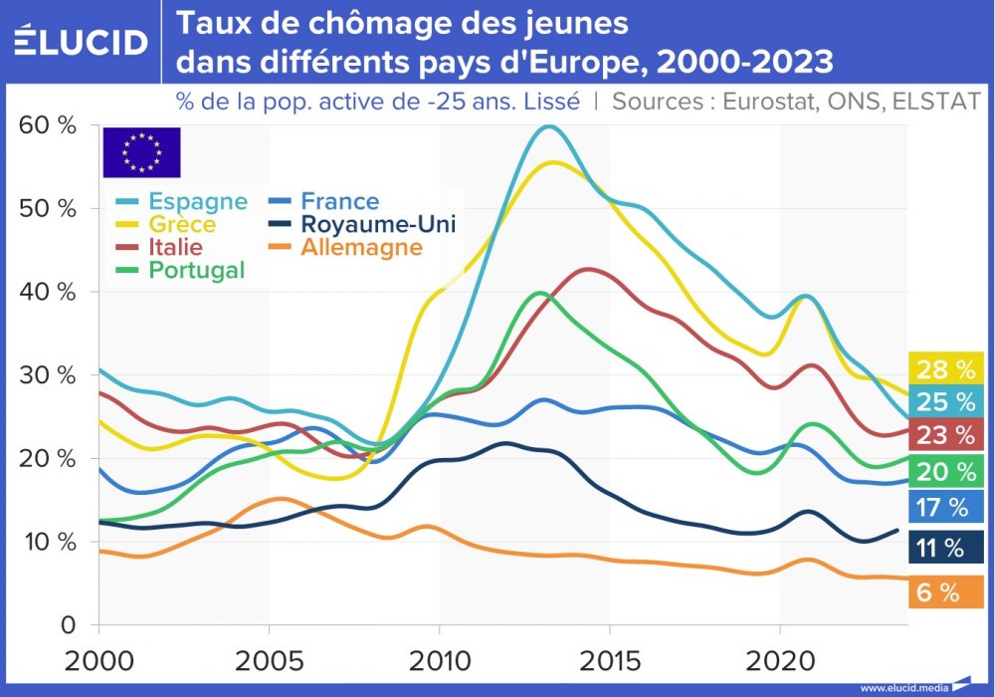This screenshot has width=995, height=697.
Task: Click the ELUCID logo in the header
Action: pyautogui.click(x=80, y=42)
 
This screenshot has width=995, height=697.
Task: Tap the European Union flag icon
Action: pyautogui.click(x=141, y=152)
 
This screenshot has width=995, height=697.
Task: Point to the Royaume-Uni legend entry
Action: pyautogui.click(x=363, y=224)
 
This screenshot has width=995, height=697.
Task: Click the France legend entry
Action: pyautogui.click(x=325, y=202)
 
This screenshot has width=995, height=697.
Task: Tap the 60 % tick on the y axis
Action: pyautogui.click(x=48, y=125)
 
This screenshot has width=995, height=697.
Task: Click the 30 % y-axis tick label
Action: pyautogui.click(x=48, y=375)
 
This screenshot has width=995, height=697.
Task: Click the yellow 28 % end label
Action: pyautogui.click(x=945, y=369)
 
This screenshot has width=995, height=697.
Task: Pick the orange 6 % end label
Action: pyautogui.click(x=937, y=592)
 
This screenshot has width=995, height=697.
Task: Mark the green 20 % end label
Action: pyautogui.click(x=945, y=472)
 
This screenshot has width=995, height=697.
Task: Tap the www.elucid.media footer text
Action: pyautogui.click(x=903, y=687)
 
